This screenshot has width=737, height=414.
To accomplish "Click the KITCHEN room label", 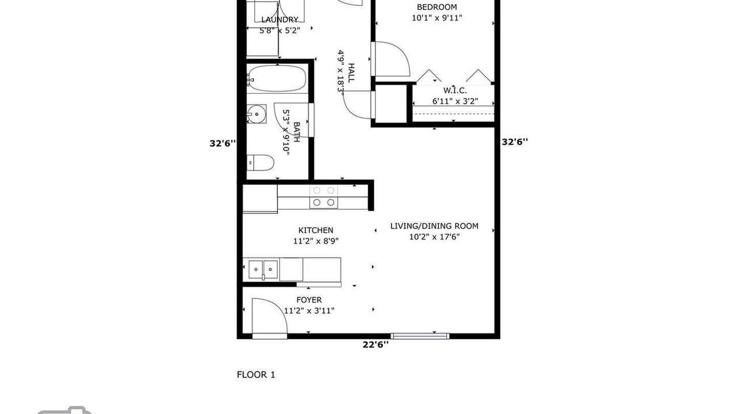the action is [x=316, y=231].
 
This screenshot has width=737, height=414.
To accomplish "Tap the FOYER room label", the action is [x=309, y=300].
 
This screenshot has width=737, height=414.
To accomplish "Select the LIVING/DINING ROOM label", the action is [x=434, y=226].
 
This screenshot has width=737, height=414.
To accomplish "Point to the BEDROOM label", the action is [x=436, y=7].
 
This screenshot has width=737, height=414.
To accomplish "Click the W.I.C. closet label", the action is [x=455, y=90].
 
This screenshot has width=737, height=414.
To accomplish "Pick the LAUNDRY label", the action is [x=280, y=20].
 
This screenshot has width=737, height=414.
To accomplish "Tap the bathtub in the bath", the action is [x=278, y=78].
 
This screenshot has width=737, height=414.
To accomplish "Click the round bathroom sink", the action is [x=257, y=114].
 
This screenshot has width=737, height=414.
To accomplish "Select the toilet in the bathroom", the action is [x=260, y=163].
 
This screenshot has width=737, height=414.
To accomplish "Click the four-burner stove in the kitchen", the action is [x=324, y=197].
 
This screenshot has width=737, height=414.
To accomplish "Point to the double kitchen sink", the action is [x=263, y=270].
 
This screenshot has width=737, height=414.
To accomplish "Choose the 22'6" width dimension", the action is [x=375, y=344].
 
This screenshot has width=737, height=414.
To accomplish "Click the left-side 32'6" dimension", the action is [x=223, y=144].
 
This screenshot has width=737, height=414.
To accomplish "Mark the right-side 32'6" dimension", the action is [x=515, y=142].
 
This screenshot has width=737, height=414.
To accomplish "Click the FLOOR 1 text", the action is [x=256, y=374].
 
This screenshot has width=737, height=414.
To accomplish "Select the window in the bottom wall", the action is [x=420, y=336].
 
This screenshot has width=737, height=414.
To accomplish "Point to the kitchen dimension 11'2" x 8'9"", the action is [x=316, y=241].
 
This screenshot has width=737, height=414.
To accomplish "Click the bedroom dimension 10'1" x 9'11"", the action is [x=437, y=18].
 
